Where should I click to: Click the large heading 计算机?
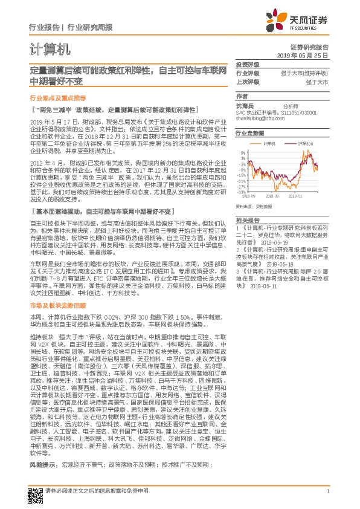(51, 49)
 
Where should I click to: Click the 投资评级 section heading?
(246, 64)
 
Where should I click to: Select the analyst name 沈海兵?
(245, 105)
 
